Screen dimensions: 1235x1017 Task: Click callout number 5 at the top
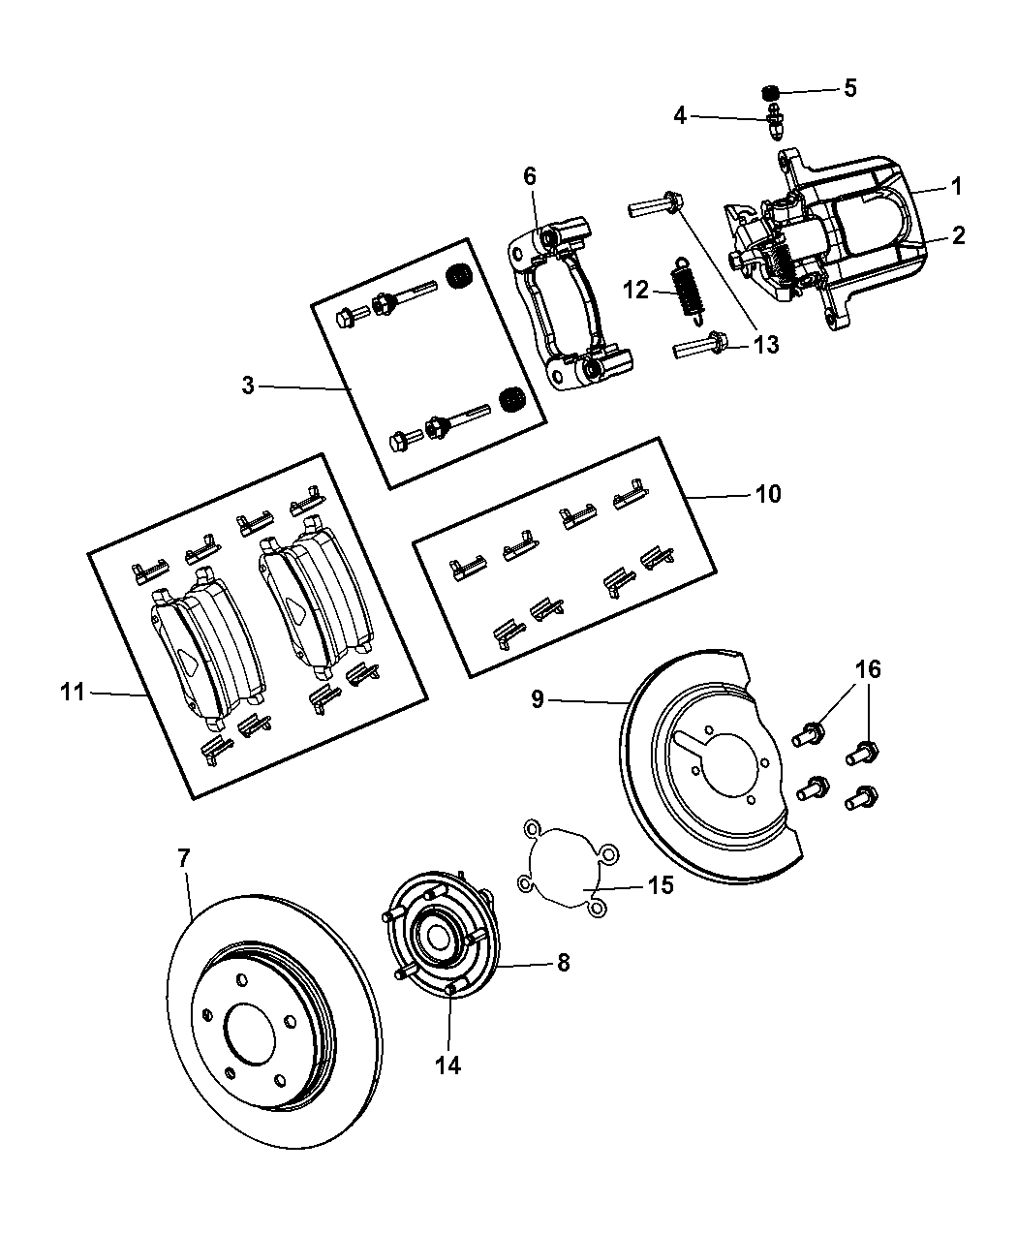(849, 88)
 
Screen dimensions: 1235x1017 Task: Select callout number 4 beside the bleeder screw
(680, 116)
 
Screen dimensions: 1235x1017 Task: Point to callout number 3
(249, 386)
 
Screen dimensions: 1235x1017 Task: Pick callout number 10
(767, 494)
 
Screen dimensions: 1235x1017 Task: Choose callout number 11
(74, 692)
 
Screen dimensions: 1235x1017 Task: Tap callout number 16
(867, 669)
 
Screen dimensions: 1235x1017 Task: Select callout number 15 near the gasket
(660, 885)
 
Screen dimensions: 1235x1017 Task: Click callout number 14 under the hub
(447, 1065)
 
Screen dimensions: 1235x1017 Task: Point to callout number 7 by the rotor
(183, 856)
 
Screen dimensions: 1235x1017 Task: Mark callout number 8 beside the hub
(563, 962)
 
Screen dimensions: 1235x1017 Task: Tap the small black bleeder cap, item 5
(769, 92)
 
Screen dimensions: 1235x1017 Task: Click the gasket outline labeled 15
(566, 867)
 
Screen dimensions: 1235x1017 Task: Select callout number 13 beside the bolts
(766, 345)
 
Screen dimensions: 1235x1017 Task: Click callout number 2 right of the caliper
(958, 234)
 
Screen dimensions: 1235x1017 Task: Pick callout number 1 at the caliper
(955, 184)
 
